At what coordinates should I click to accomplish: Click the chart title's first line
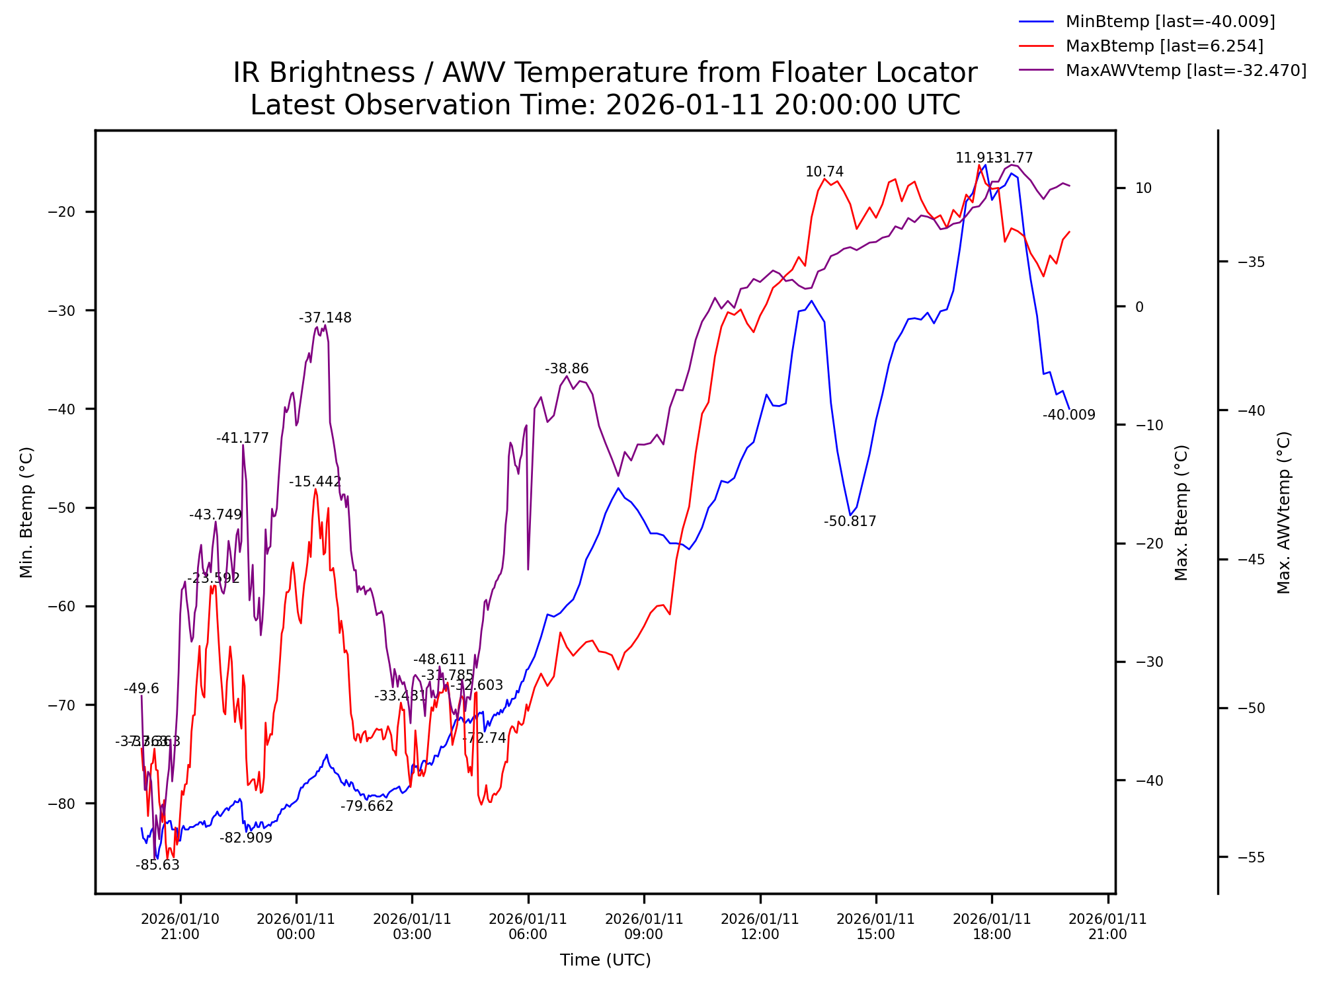605,73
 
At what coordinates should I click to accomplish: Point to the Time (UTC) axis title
605,960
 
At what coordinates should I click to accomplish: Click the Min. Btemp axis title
26,512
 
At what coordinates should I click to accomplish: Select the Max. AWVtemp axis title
1283,512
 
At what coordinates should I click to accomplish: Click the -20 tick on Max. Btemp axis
1148,543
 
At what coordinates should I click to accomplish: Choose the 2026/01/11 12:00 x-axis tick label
760,927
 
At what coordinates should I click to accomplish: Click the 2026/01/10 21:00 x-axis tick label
180,927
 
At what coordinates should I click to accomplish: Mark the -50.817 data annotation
850,521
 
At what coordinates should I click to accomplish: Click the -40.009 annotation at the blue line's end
1068,415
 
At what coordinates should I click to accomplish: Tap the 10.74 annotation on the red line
824,172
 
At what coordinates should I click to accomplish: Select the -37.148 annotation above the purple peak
325,318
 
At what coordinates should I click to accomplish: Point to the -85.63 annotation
157,865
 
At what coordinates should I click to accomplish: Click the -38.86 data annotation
566,369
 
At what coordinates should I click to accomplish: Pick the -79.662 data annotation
367,806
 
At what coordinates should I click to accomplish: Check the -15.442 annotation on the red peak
315,482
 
